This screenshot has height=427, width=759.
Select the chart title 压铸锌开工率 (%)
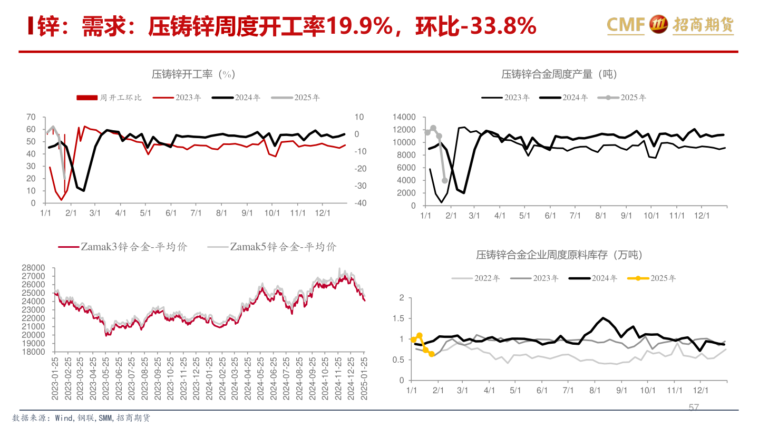[192, 74]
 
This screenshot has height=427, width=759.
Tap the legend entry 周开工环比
[110, 98]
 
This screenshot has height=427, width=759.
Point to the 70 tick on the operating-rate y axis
[31, 117]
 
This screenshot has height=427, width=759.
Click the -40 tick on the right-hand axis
[361, 203]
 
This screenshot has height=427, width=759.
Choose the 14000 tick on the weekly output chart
[405, 117]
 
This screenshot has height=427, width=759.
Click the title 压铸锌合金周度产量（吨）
[559, 74]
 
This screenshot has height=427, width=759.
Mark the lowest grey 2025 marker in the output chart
[444, 180]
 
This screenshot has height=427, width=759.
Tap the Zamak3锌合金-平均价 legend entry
[122, 247]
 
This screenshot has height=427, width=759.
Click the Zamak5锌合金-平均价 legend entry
[272, 247]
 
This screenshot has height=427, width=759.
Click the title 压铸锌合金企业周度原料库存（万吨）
[560, 255]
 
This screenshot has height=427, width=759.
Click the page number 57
[694, 407]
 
